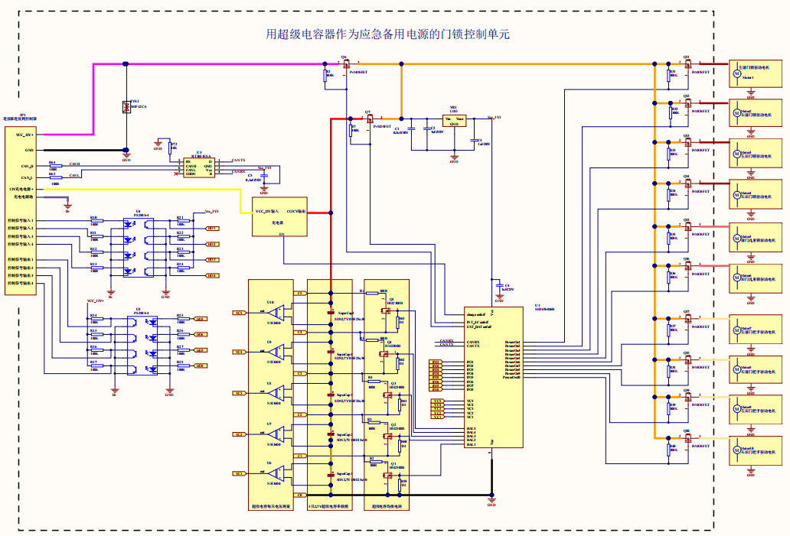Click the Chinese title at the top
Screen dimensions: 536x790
tap(387, 34)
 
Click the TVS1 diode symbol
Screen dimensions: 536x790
tap(126, 108)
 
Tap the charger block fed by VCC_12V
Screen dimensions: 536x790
tap(279, 216)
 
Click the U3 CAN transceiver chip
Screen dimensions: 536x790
tap(199, 167)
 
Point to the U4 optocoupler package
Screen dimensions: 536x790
tap(139, 245)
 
